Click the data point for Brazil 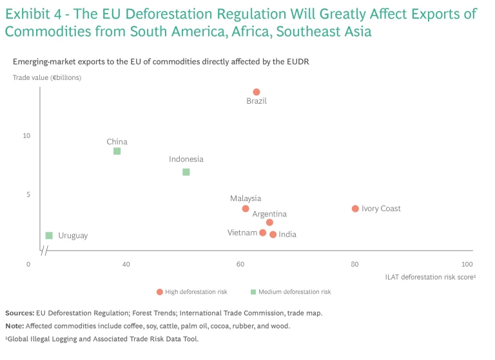[x=257, y=92]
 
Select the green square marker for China [x=117, y=151]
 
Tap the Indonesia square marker [x=186, y=172]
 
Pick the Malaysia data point [x=246, y=209]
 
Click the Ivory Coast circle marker [x=355, y=209]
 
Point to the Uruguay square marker [x=49, y=236]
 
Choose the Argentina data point [x=269, y=222]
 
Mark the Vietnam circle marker [x=263, y=232]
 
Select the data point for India [x=273, y=234]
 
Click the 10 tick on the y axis [x=27, y=136]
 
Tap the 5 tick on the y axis [x=27, y=194]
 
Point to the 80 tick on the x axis [x=354, y=264]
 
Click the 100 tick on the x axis [x=467, y=264]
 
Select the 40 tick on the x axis [x=126, y=264]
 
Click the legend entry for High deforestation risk [x=192, y=292]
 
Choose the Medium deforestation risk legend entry [x=291, y=292]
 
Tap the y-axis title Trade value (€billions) [x=47, y=77]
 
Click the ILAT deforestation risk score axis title [x=430, y=277]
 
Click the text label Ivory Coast [x=381, y=209]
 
